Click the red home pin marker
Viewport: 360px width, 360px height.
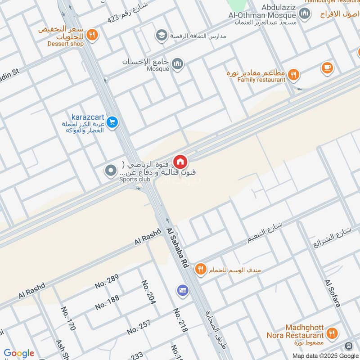pos(180,162)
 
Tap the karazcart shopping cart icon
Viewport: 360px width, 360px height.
pos(112,121)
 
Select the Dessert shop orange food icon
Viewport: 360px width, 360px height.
pos(92,34)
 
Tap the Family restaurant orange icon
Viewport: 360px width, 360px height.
pos(293,75)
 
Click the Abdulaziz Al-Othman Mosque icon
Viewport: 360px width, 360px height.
pos(305,13)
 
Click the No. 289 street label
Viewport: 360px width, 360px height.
pos(107,281)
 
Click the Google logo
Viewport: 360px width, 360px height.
pos(19,353)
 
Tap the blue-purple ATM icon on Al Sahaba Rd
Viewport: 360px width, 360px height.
pos(182,290)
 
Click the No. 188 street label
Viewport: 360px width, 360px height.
pos(107,302)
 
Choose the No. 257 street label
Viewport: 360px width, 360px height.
pos(138,325)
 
